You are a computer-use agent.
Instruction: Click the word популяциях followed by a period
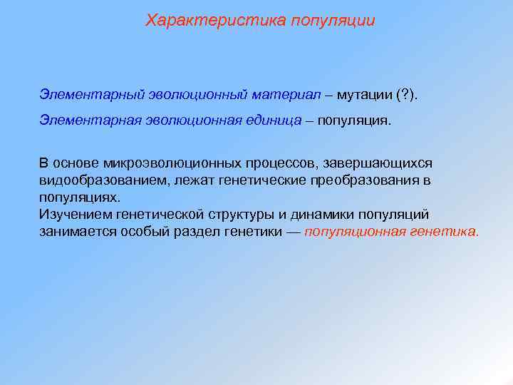[x=80, y=197]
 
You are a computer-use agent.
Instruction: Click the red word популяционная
[x=355, y=232]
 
